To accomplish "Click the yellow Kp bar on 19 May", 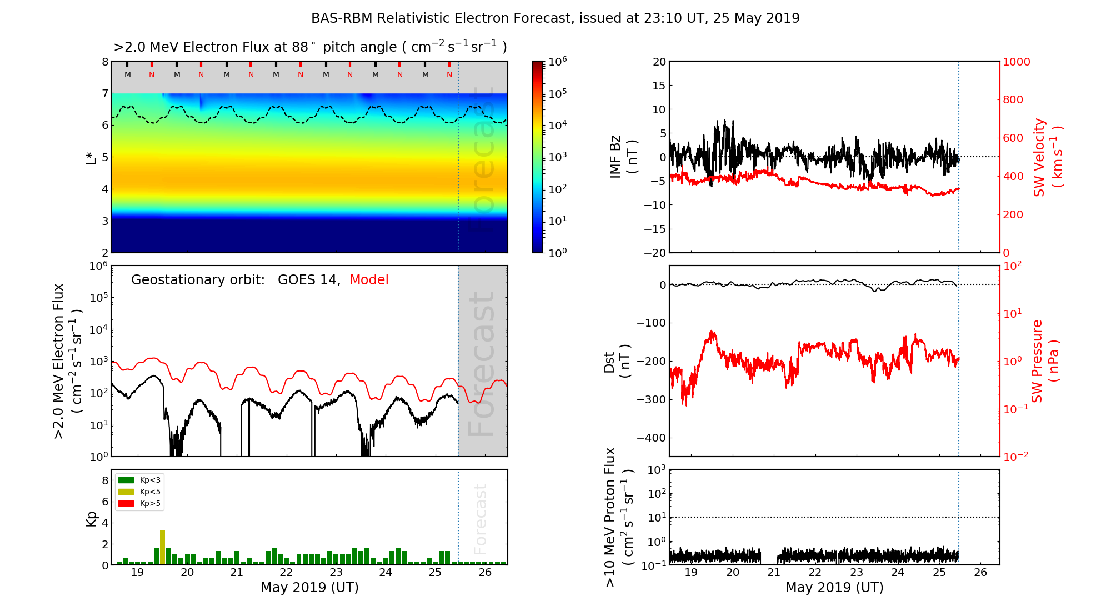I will click(162, 547).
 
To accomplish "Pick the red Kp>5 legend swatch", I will click(126, 504).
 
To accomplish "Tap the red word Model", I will click(369, 280).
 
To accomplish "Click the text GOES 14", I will click(308, 280).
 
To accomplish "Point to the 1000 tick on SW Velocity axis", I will click(1016, 62).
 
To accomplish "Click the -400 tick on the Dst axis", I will click(651, 438).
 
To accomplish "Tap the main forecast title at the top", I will click(555, 18).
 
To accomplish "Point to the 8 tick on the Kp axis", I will click(105, 480).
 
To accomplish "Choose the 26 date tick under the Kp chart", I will click(485, 573).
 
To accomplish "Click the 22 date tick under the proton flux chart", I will click(815, 573).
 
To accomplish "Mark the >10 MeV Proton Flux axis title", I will click(618, 517).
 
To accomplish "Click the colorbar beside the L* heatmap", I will click(538, 157).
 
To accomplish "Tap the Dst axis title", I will click(617, 361).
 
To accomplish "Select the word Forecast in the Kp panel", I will click(480, 519).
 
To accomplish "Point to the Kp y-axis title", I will click(92, 519).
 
